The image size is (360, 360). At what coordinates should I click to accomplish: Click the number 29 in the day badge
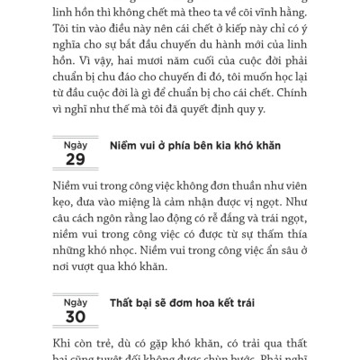(x=76, y=158)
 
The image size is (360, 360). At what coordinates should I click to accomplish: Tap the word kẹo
(x=59, y=209)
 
